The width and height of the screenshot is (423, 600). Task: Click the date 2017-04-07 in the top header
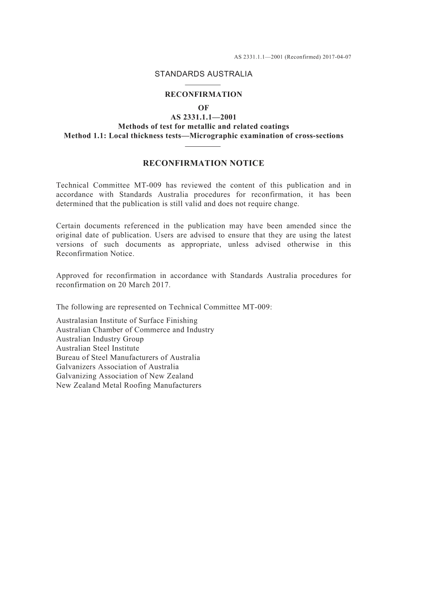(x=337, y=57)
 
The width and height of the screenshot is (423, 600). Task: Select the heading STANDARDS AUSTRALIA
(x=203, y=74)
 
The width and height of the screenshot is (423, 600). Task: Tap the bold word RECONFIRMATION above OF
(x=203, y=95)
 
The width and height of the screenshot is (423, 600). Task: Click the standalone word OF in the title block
(x=203, y=108)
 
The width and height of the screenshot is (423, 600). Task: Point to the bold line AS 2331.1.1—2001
(x=203, y=117)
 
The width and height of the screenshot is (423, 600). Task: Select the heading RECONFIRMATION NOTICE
(x=203, y=163)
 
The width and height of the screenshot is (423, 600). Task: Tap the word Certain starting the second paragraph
(x=69, y=226)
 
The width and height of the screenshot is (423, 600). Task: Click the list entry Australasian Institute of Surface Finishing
(x=127, y=321)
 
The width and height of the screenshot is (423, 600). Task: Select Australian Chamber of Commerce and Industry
(x=135, y=330)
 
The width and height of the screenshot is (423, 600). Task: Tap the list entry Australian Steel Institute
(x=98, y=348)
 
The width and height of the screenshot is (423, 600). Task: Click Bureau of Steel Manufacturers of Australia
(x=128, y=358)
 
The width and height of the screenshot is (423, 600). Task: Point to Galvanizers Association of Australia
(x=117, y=367)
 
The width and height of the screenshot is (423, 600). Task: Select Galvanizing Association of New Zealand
(x=125, y=376)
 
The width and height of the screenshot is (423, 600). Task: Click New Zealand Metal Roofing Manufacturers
(x=129, y=385)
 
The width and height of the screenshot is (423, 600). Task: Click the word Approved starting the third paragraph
(x=73, y=276)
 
